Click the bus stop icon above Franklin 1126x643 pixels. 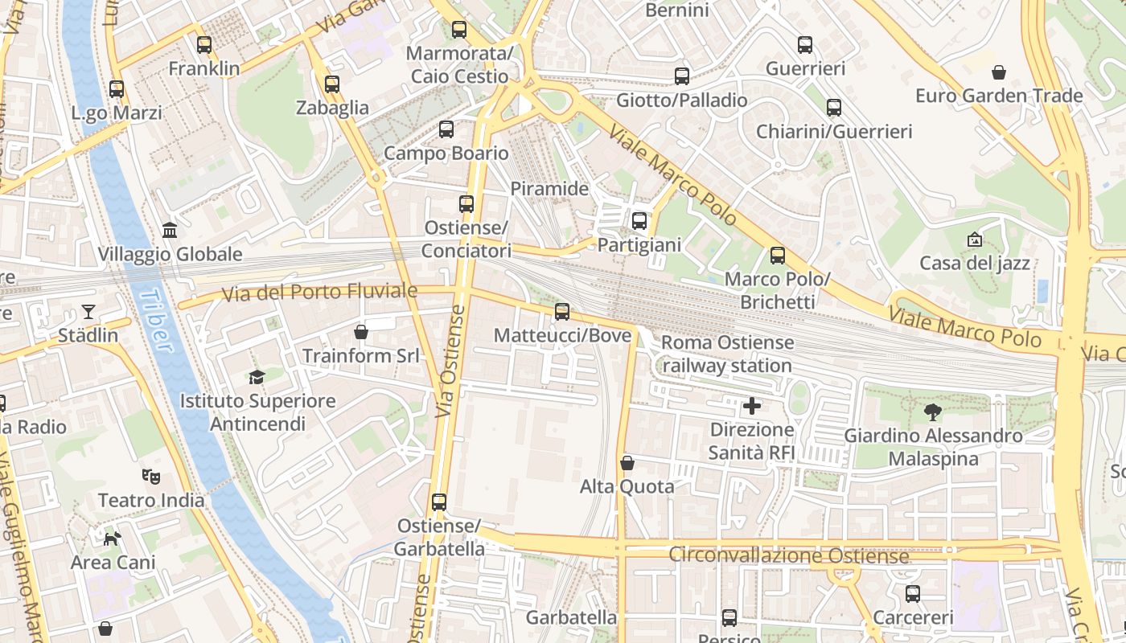[x=204, y=45]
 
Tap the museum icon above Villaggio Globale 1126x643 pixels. [x=170, y=231]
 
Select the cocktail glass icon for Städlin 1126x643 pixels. [x=88, y=312]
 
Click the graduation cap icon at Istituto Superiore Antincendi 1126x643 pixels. [x=257, y=377]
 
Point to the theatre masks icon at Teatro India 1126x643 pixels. [x=150, y=477]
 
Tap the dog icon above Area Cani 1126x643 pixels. [x=113, y=538]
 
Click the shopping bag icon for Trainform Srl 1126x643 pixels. [x=361, y=331]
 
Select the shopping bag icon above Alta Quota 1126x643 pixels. [x=627, y=463]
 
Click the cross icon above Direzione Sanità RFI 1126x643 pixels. [x=752, y=406]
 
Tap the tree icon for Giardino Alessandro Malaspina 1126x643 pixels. [x=933, y=412]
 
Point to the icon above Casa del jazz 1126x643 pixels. [x=975, y=240]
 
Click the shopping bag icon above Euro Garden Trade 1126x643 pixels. [x=999, y=72]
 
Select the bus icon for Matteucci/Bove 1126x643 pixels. [x=562, y=312]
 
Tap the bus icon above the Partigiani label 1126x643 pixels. [x=639, y=221]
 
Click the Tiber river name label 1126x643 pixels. [x=156, y=321]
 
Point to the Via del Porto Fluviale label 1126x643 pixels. [x=319, y=292]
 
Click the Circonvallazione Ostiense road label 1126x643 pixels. [x=789, y=555]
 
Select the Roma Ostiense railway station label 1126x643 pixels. [x=726, y=354]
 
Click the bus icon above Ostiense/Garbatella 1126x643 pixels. [x=439, y=502]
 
